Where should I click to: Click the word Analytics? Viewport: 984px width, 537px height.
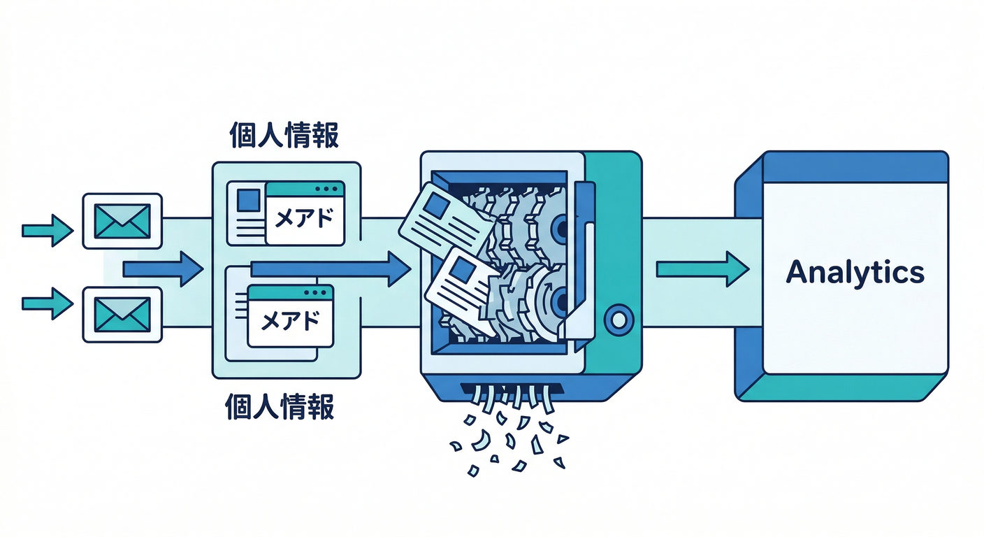tap(855, 272)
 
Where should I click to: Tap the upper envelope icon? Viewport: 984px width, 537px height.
tap(122, 220)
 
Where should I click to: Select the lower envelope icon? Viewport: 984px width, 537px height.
tap(122, 315)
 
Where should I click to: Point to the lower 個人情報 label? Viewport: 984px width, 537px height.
tap(280, 406)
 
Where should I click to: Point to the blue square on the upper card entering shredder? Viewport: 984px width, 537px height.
tap(437, 205)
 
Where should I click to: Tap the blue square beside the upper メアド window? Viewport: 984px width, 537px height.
tap(248, 201)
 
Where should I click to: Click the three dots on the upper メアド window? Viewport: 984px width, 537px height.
tap(326, 189)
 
